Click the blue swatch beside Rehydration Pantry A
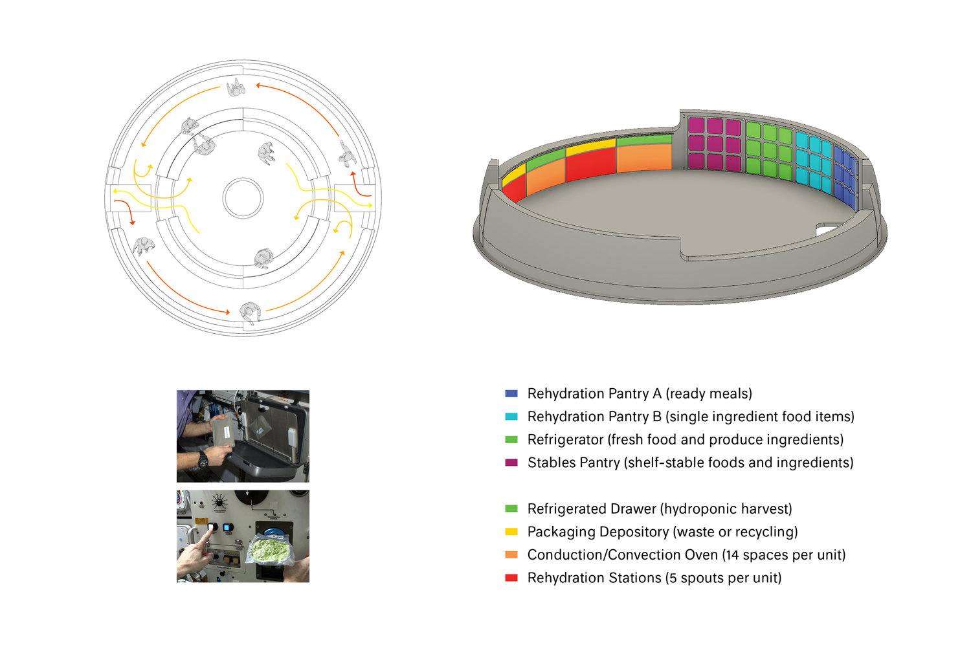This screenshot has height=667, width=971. [x=511, y=393]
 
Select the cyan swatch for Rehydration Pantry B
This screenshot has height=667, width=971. [x=511, y=417]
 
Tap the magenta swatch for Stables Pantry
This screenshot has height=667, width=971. [x=511, y=463]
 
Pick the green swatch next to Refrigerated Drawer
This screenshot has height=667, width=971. [x=511, y=509]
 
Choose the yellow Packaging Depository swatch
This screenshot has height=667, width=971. [x=511, y=532]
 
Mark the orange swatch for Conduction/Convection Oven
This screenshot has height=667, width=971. [x=511, y=555]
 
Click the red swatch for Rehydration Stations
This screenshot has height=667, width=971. [x=511, y=578]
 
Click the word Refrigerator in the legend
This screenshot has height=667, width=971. [x=565, y=440]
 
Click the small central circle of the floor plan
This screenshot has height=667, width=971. [x=243, y=198]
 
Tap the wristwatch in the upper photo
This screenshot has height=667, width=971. [x=203, y=459]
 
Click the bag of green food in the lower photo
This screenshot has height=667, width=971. [x=271, y=551]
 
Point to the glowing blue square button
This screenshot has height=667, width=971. [x=227, y=528]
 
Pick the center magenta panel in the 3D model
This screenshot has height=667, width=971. [x=715, y=144]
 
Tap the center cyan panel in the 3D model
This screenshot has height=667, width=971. [x=815, y=159]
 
